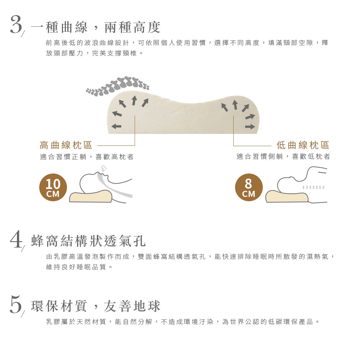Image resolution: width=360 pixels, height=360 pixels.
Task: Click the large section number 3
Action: (16, 25)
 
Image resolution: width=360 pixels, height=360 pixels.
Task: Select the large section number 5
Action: (16, 305)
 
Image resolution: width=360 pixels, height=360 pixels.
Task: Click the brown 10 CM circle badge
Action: (53, 187)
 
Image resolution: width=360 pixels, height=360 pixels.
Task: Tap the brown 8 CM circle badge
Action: (249, 187)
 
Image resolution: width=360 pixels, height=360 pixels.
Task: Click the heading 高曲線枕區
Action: (66, 145)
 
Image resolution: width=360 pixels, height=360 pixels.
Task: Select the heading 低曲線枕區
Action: (303, 145)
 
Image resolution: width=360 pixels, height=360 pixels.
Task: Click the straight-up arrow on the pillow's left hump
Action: (134, 100)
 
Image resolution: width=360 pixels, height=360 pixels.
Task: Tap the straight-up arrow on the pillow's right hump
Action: (235, 105)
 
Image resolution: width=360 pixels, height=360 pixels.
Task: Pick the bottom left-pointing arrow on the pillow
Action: (116, 126)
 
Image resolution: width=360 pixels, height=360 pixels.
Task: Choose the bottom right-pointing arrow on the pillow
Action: (250, 126)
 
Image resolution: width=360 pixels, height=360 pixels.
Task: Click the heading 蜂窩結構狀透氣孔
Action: (89, 241)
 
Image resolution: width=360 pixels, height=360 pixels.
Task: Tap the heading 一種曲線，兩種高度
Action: (96, 27)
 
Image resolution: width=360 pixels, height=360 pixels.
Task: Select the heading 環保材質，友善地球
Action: (96, 306)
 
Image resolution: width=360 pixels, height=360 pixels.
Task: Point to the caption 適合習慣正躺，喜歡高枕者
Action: (87, 157)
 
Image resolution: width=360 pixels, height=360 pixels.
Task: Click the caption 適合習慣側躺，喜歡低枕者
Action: (283, 157)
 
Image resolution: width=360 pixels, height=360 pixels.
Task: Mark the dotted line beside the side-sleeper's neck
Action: (314, 187)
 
